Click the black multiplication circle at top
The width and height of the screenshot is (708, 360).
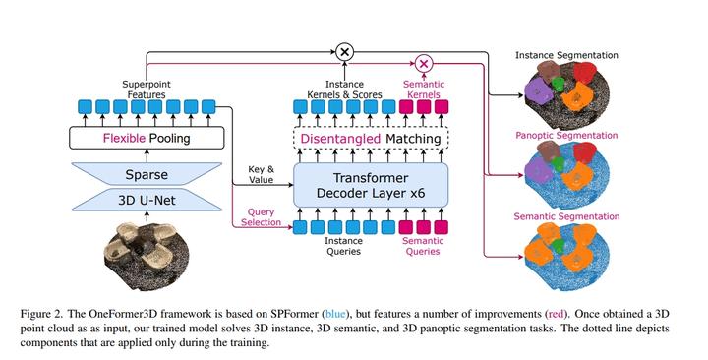[x=345, y=52]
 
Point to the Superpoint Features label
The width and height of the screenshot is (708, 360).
[x=147, y=88]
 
